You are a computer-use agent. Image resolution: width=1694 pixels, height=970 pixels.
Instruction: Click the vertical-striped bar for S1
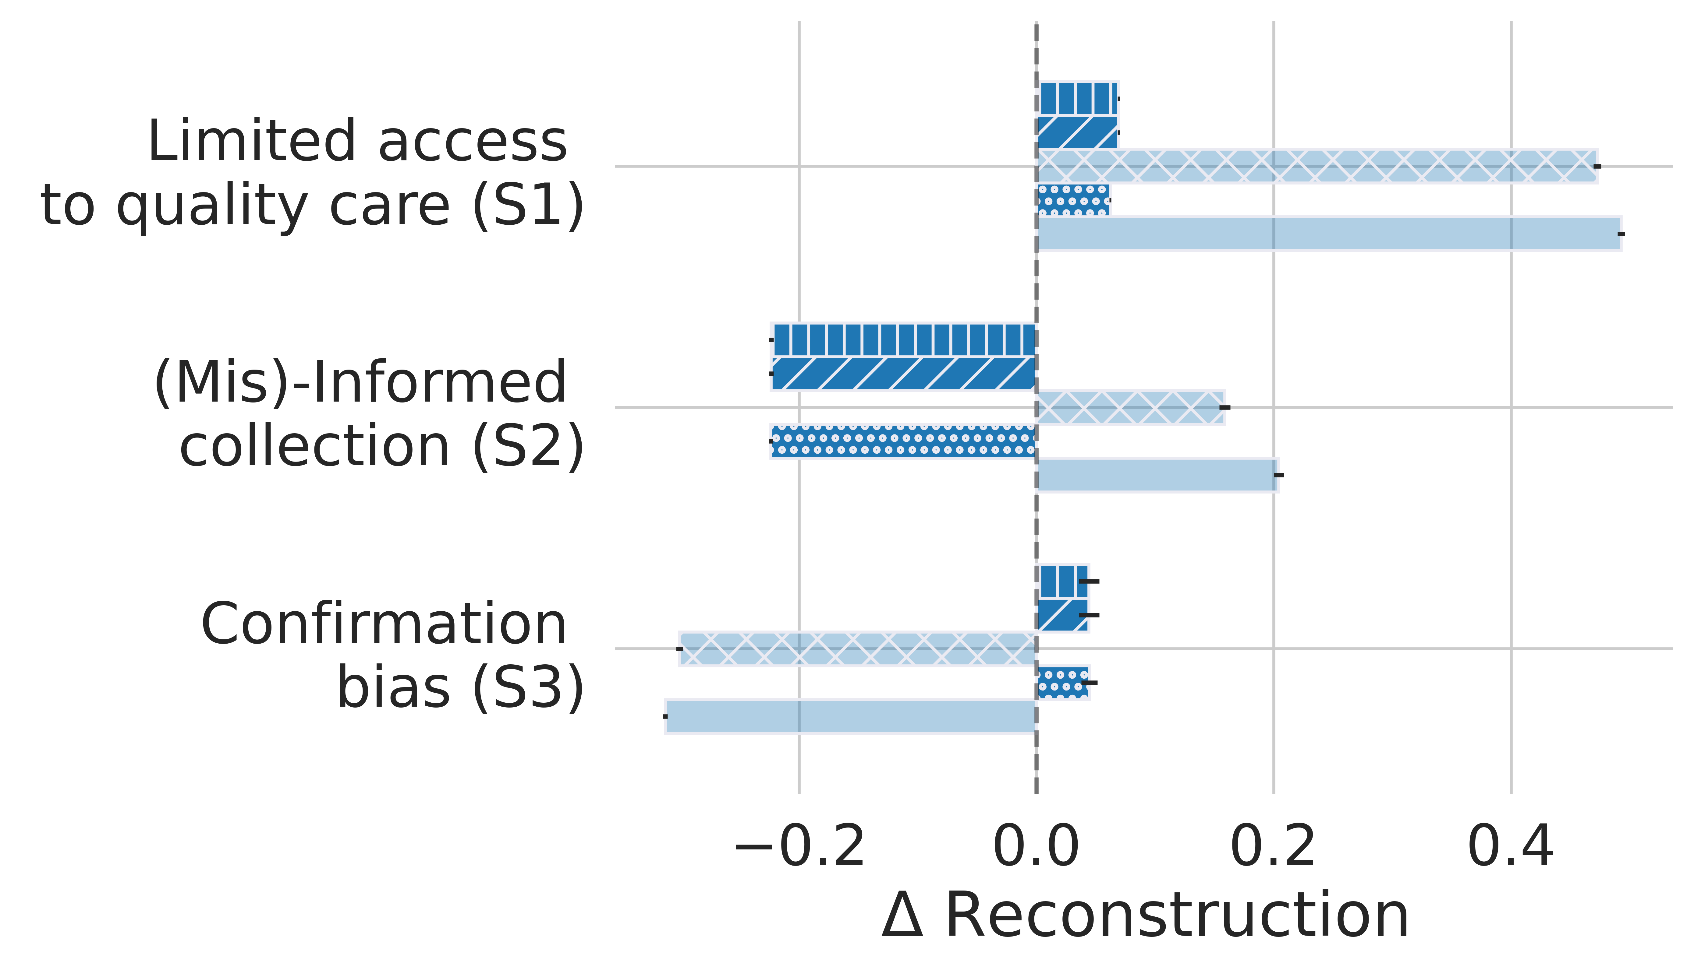click(1077, 99)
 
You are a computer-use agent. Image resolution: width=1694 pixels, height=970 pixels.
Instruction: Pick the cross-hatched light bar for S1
click(1317, 166)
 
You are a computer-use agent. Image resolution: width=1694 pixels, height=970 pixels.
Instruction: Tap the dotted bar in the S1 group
click(1073, 200)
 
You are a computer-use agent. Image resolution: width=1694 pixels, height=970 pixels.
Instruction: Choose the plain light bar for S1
click(1329, 234)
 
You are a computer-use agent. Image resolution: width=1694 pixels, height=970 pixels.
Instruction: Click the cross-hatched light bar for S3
click(858, 648)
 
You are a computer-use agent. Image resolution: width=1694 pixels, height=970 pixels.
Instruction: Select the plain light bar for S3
click(851, 716)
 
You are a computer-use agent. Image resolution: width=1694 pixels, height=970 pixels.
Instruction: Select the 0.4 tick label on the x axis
click(1511, 847)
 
